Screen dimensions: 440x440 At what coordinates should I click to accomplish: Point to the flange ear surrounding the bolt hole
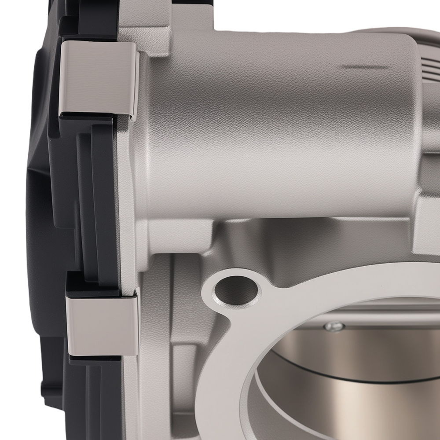[220, 308]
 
